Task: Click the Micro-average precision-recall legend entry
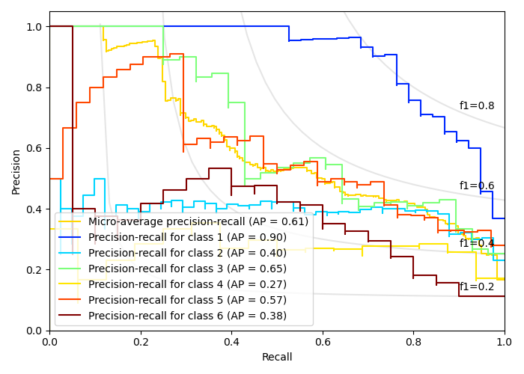coord(198,221)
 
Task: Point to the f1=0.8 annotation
coord(477,106)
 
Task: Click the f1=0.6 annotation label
coord(477,186)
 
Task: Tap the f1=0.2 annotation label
coord(477,286)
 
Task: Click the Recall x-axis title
coord(277,358)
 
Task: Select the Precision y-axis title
coord(16,171)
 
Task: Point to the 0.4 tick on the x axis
coord(231,341)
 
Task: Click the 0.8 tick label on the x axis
coord(413,341)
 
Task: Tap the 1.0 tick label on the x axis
coord(504,341)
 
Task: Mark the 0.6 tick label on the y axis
coord(34,148)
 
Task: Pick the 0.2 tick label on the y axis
coord(34,270)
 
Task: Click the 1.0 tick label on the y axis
coord(34,27)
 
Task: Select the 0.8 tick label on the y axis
coord(34,88)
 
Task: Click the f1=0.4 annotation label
coord(477,243)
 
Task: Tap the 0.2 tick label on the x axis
coord(141,341)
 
